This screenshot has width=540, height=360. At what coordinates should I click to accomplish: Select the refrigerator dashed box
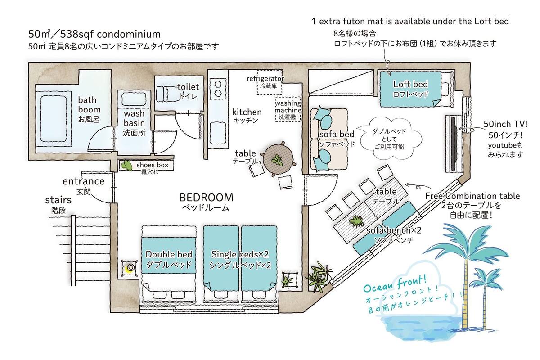(269, 82)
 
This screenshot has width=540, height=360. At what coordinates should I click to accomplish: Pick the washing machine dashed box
(288, 109)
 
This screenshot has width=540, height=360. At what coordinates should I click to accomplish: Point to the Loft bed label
(410, 84)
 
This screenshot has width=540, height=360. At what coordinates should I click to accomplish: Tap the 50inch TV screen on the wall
(454, 144)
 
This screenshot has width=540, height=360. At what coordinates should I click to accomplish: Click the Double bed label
(169, 254)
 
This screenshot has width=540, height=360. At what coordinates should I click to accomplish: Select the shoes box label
(153, 165)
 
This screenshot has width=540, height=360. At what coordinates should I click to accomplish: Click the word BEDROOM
(207, 198)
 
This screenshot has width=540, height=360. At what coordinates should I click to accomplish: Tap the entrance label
(84, 181)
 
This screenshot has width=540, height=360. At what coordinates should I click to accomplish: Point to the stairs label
(58, 200)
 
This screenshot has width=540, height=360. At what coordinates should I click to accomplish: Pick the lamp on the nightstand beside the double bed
(130, 267)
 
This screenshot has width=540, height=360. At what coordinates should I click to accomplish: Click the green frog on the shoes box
(127, 166)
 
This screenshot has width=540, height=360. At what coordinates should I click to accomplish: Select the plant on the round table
(278, 160)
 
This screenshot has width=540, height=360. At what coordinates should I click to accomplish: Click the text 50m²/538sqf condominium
(94, 34)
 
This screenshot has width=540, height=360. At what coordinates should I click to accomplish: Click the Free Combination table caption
(472, 196)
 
